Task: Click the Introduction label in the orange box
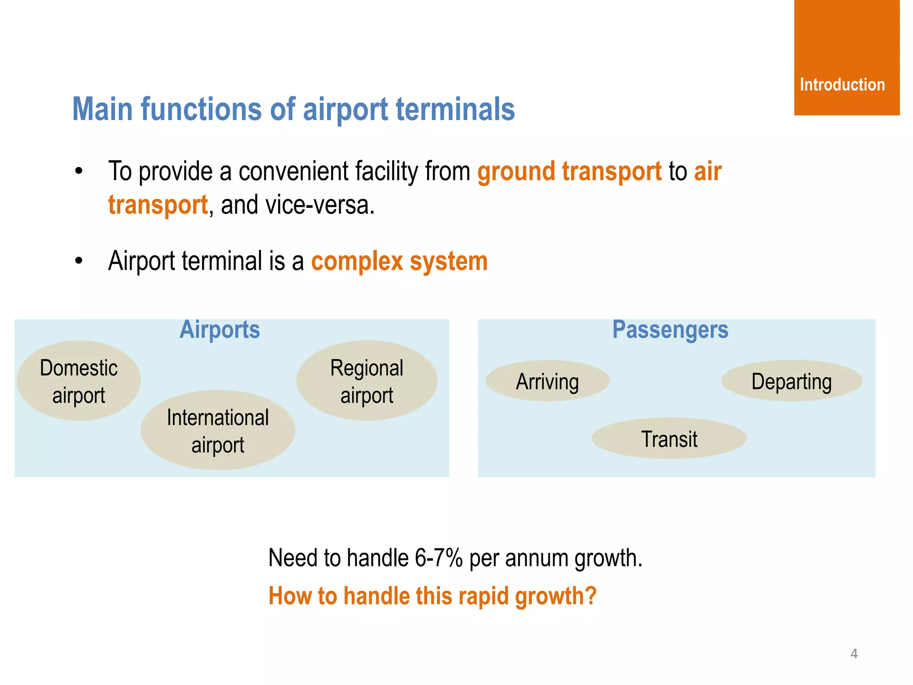[842, 85]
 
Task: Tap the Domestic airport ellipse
[78, 381]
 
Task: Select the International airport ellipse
[218, 430]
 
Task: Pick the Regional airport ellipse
[366, 381]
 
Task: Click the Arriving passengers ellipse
[547, 381]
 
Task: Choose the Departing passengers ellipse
[791, 381]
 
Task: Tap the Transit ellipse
[669, 439]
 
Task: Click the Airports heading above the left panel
[219, 330]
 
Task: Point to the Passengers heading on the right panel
[670, 330]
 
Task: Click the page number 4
[854, 654]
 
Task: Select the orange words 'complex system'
[399, 261]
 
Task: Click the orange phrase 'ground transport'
[569, 172]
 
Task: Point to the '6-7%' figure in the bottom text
[439, 558]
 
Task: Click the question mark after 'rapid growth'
[591, 596]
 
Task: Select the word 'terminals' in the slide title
[455, 109]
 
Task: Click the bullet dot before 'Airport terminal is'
[79, 261]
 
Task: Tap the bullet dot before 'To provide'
[79, 171]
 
